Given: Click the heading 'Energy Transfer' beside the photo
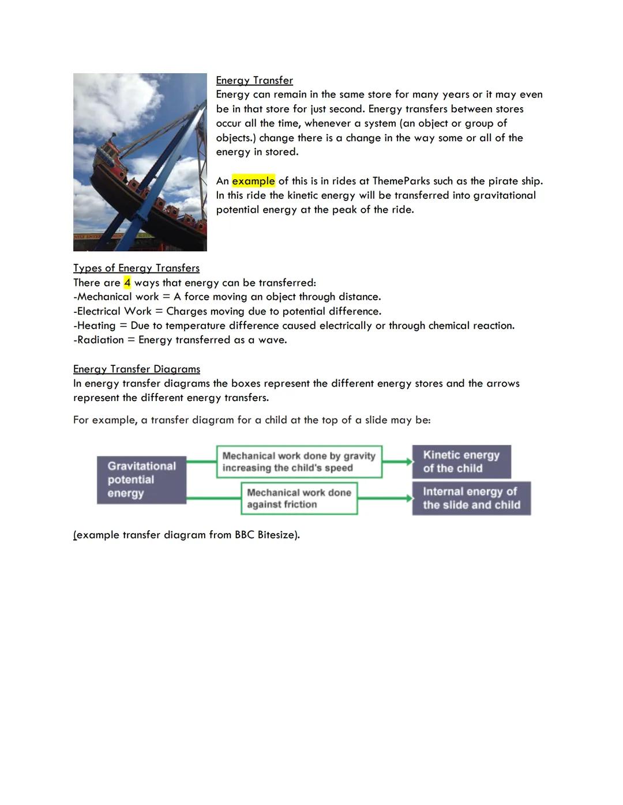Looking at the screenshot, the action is coord(254,80).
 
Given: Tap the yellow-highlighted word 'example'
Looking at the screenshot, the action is coord(253,181).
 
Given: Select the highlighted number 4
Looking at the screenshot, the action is coord(127,282).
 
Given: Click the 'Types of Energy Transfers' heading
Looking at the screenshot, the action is coord(136,268).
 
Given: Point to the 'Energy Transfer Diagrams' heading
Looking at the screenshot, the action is coord(137,369).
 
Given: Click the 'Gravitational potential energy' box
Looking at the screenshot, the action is coord(141,479).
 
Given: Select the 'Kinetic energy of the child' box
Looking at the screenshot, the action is coord(461,462).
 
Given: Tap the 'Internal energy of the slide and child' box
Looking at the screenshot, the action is coord(471,498).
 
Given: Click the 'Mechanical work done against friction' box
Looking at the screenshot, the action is coord(299,498).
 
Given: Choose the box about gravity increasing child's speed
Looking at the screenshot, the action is coord(299,462).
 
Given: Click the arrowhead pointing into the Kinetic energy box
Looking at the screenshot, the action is coord(409,462).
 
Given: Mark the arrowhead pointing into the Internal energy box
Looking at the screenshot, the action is coord(409,498).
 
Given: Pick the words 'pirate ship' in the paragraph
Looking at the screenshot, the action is coord(515,181).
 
